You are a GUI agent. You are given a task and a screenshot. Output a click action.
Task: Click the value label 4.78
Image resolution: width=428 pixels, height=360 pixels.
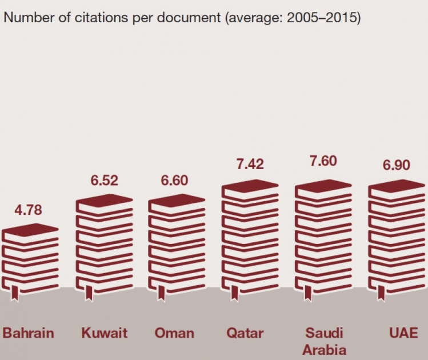[29, 210]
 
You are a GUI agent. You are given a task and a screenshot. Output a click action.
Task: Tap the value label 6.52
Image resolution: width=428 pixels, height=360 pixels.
[104, 181]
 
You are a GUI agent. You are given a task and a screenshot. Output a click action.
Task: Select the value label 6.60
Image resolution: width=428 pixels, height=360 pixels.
[175, 181]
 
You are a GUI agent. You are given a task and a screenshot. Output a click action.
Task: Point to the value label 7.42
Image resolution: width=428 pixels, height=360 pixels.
[250, 165]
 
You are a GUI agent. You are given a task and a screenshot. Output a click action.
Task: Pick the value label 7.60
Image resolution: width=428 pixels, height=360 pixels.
[323, 161]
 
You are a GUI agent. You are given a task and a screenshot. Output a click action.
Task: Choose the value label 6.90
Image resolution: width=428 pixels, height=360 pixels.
[397, 165]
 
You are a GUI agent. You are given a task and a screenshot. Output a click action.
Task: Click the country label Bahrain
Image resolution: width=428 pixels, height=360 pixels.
[29, 333]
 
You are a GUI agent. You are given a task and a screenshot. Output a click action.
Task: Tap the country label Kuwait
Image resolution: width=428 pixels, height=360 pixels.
[104, 333]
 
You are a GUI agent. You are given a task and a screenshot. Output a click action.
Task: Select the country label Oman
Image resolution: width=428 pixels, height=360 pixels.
[175, 333]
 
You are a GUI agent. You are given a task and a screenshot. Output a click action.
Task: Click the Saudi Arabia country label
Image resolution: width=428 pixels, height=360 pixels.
[324, 341]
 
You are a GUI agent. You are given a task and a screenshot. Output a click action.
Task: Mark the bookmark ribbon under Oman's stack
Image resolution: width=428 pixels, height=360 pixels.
[161, 293]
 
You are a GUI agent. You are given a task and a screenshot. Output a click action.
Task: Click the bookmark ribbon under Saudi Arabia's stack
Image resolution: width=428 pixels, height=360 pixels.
[308, 293]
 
